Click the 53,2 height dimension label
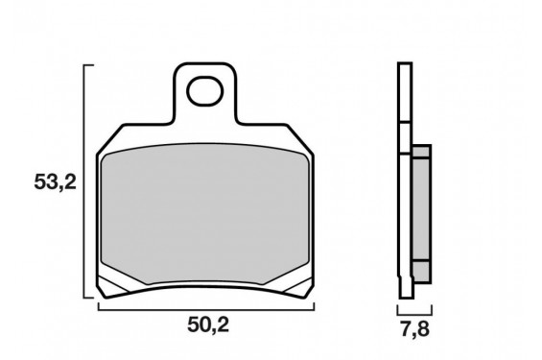[55, 182]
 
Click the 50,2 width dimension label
[208, 325]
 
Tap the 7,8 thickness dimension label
[414, 329]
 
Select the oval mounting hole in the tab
[204, 91]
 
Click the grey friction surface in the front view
[204, 214]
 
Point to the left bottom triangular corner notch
[112, 286]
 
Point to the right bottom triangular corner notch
[298, 286]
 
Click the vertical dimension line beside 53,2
[84, 180]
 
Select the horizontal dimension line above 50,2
[206, 309]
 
